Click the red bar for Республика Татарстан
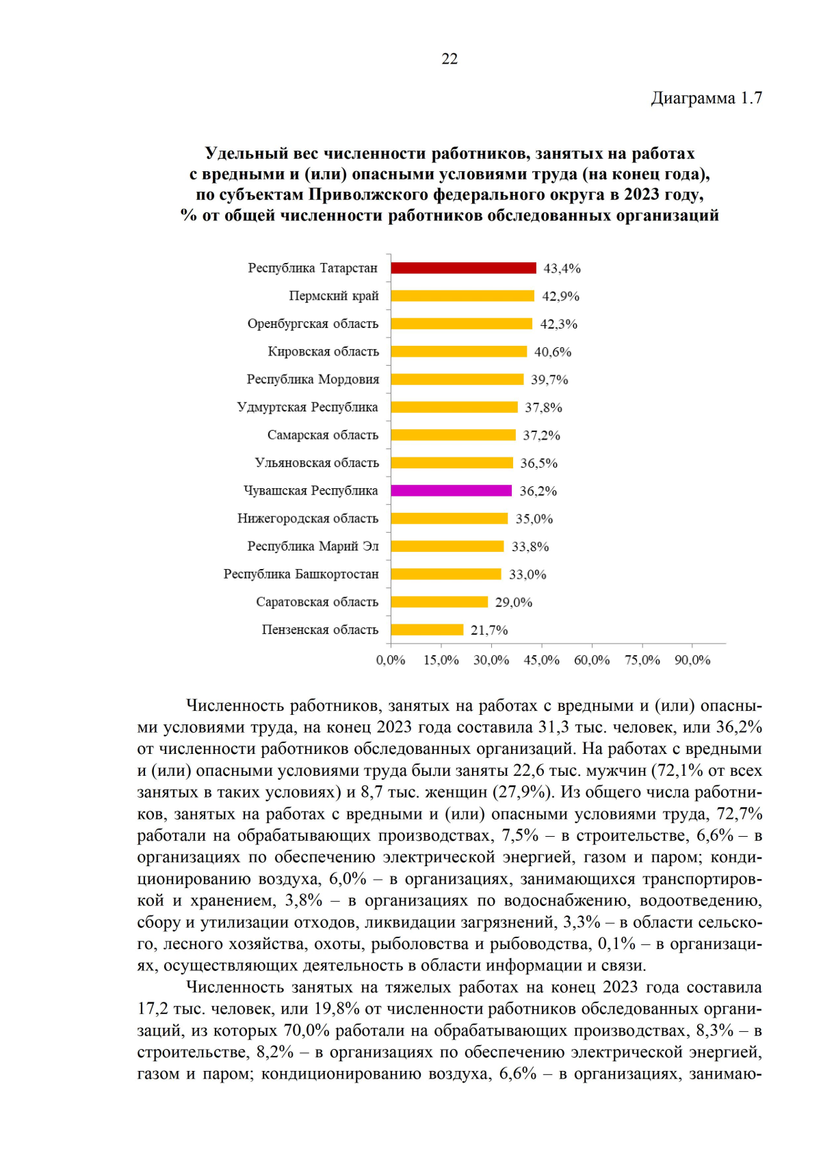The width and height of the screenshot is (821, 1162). click(x=463, y=268)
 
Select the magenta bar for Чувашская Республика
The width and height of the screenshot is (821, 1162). click(x=451, y=490)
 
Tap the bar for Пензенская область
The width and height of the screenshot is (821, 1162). click(x=427, y=629)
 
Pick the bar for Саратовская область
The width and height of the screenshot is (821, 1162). click(x=439, y=602)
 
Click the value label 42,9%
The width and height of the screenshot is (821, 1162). click(x=560, y=296)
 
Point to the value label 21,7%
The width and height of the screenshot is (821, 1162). click(x=489, y=630)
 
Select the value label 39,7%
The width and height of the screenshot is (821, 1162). click(x=549, y=379)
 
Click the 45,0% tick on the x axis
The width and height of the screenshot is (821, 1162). click(x=541, y=660)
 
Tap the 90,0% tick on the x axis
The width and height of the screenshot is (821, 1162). click(x=692, y=660)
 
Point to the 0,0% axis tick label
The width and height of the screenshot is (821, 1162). click(x=391, y=660)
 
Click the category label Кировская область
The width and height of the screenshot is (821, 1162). click(x=323, y=351)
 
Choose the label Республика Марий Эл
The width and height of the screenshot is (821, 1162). click(x=313, y=546)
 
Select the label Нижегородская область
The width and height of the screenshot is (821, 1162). click(x=308, y=518)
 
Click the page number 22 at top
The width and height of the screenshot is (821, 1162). click(x=449, y=59)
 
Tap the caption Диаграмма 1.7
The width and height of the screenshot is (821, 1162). click(x=706, y=99)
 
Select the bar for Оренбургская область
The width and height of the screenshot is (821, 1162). click(x=461, y=323)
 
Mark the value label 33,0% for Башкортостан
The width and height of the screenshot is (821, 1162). click(x=527, y=574)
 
